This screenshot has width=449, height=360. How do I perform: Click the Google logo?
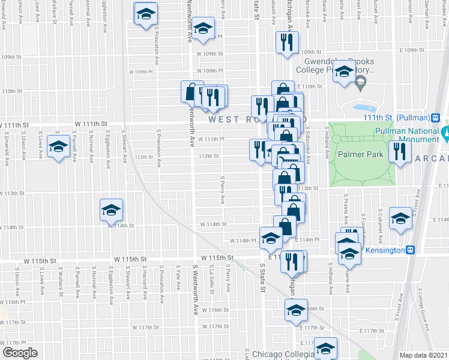[20, 353]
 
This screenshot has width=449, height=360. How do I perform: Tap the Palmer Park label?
[360, 154]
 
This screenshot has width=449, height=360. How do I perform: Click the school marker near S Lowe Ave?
[59, 147]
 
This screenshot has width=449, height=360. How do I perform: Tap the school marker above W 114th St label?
[111, 209]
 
